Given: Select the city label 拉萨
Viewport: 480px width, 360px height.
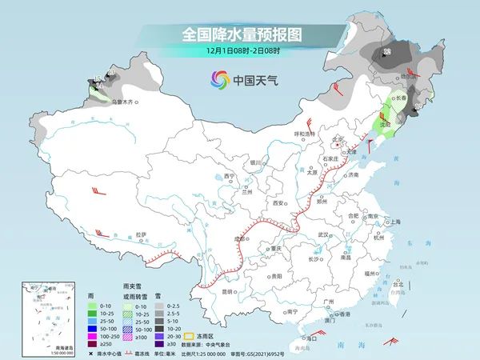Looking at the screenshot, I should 141,234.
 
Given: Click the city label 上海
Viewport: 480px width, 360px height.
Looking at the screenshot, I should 392,222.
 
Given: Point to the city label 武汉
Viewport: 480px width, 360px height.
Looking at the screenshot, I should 323,234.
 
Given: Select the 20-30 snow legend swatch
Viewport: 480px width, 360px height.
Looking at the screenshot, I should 161,336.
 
